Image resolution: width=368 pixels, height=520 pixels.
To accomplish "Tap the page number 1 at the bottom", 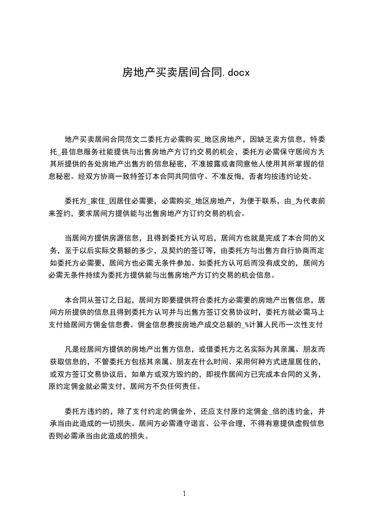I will pos(184,494).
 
